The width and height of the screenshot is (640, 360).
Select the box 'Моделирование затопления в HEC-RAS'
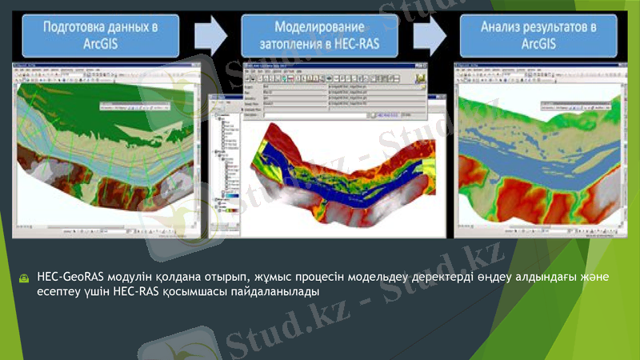[x=320, y=36]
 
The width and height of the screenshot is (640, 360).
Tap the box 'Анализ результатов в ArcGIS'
[x=539, y=35]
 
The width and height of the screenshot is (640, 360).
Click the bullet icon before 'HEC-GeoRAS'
[x=26, y=278]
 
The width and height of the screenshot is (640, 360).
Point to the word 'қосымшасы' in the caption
[x=205, y=292]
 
